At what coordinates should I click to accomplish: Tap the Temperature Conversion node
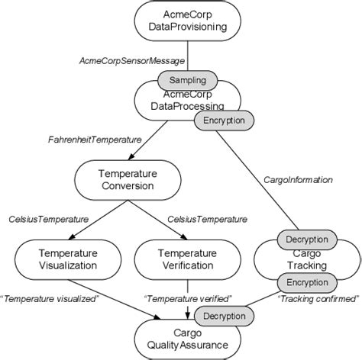(x=125, y=179)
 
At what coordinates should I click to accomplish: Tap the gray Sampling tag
(x=188, y=79)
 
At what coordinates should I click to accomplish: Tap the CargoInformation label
(x=297, y=180)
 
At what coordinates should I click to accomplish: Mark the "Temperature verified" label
(x=189, y=297)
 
